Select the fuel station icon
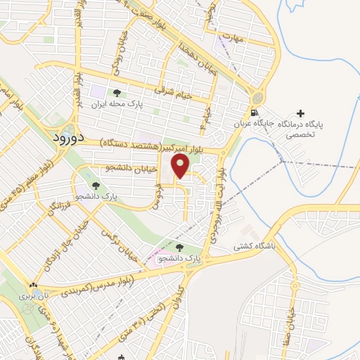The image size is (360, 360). click(253, 113)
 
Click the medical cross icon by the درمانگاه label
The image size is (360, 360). click(302, 113)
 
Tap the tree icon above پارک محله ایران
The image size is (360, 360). click(117, 92)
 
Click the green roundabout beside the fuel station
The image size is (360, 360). click(260, 97)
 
